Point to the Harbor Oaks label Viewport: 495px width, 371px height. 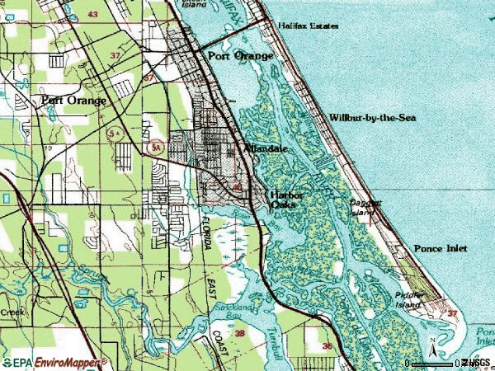point(288,200)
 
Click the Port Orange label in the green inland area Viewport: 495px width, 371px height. point(73,100)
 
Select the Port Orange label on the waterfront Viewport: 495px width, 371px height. point(240,55)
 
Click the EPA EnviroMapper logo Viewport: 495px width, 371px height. point(54,362)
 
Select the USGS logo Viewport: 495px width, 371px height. point(476,362)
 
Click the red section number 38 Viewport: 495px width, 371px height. point(239,334)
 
